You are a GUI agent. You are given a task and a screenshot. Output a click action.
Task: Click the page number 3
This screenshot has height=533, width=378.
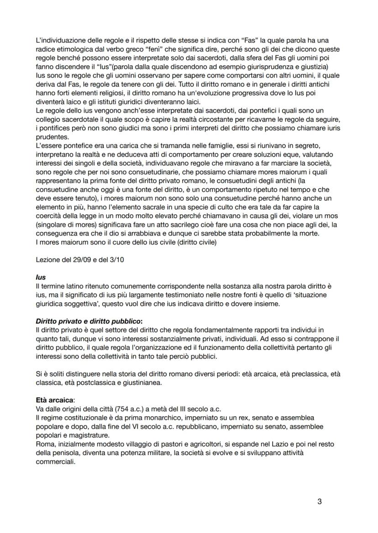[x=320, y=502]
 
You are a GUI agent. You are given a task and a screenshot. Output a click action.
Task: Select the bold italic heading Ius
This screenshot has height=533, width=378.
[x=40, y=276]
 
